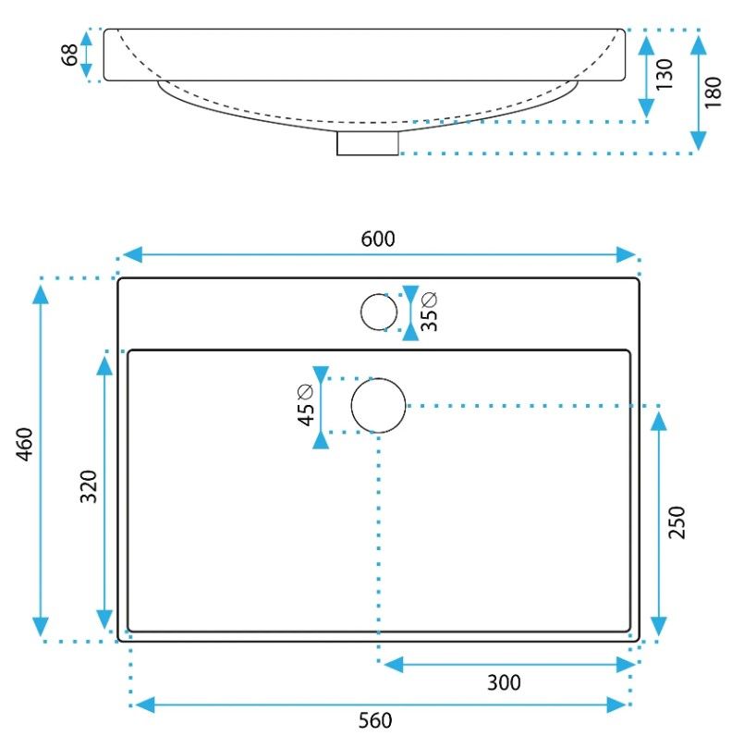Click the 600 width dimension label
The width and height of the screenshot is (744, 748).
pyautogui.click(x=378, y=239)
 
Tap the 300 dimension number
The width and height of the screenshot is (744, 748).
pyautogui.click(x=504, y=683)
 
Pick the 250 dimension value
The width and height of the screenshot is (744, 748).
pyautogui.click(x=677, y=523)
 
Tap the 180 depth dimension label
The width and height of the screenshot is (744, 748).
pyautogui.click(x=714, y=92)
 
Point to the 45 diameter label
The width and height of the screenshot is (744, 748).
pyautogui.click(x=306, y=405)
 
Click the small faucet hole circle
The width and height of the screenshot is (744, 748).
pyautogui.click(x=379, y=312)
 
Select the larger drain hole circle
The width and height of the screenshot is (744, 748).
pyautogui.click(x=379, y=406)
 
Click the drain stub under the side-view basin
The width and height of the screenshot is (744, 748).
pyautogui.click(x=368, y=142)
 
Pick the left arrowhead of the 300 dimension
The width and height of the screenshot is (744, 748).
pyautogui.click(x=392, y=664)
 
